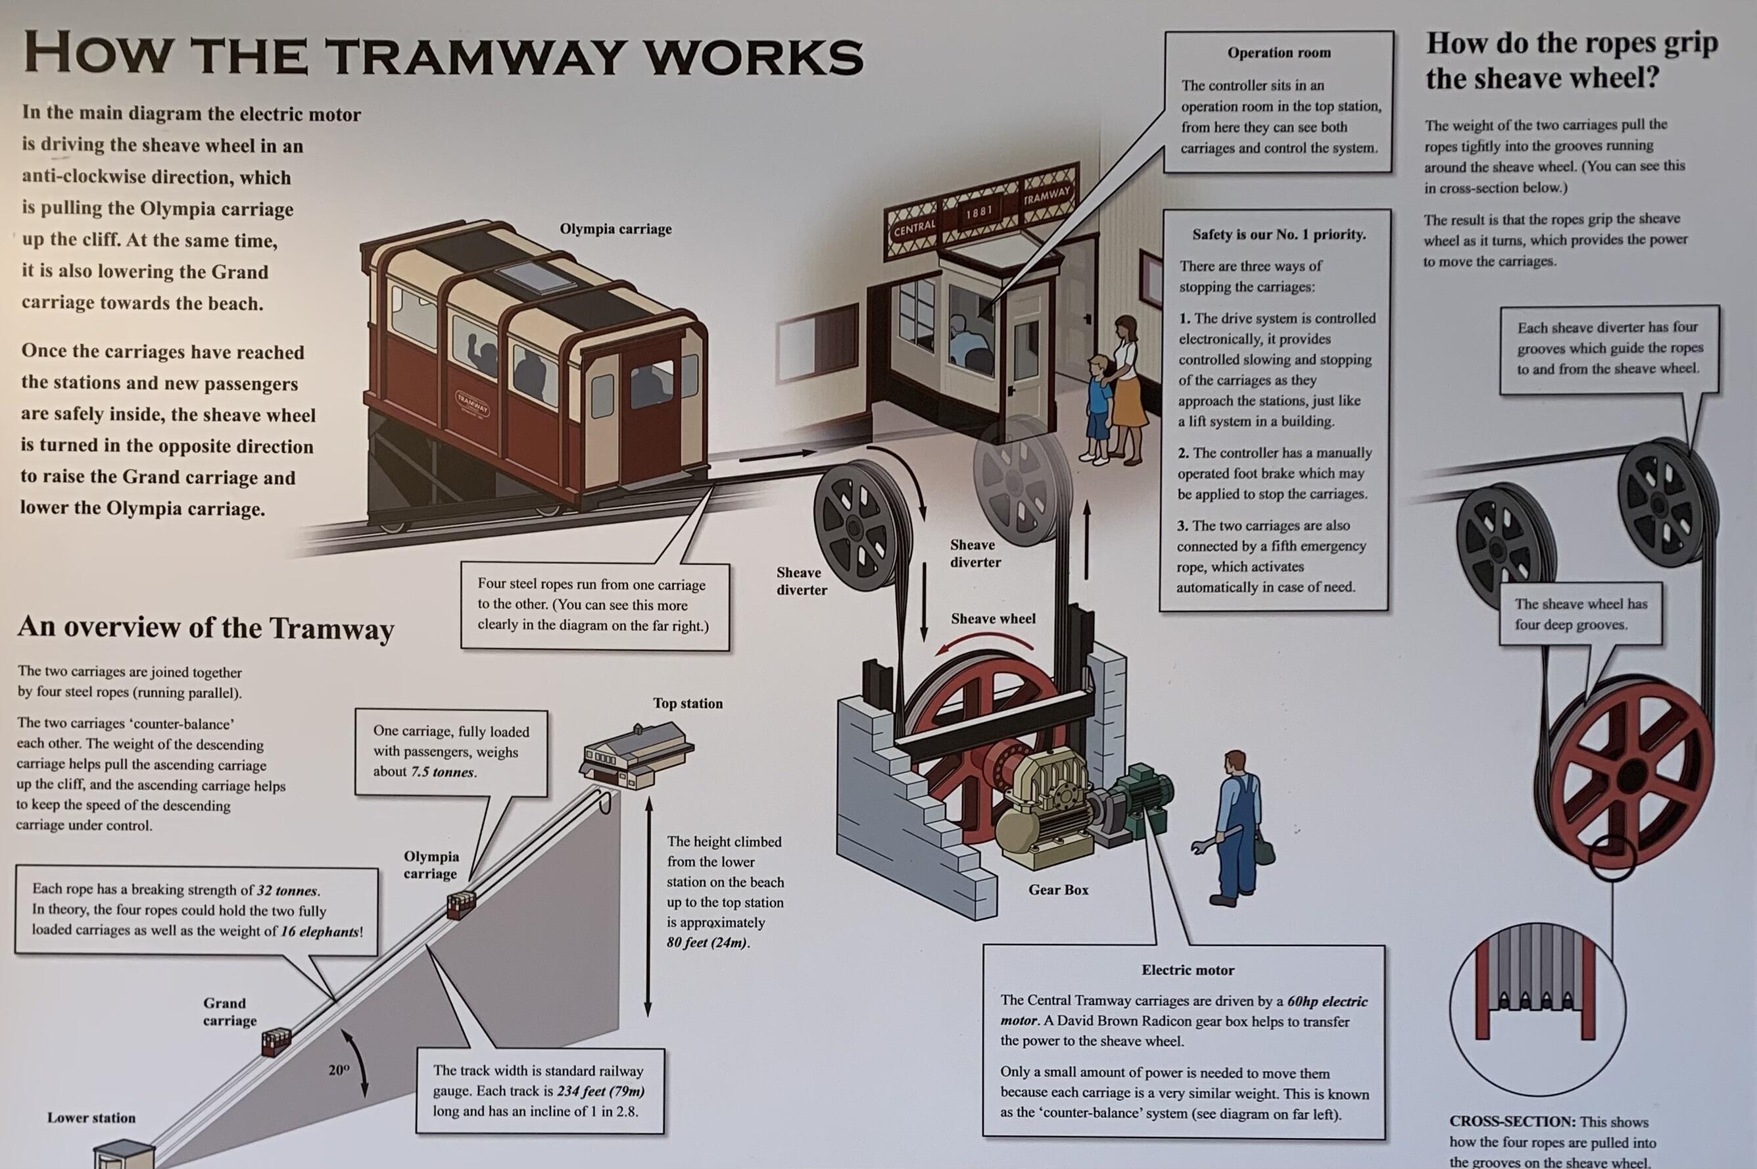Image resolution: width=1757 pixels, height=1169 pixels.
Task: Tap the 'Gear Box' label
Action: [x=1058, y=889]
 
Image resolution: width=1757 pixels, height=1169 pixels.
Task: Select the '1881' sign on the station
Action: [x=979, y=212]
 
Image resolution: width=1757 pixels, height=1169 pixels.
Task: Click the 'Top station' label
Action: [x=688, y=703]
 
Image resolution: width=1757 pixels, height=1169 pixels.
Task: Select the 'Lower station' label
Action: [x=91, y=1118]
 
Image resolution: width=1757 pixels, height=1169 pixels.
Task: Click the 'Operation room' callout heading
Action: [x=1279, y=53]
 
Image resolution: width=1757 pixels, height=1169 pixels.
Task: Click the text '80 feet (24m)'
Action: [x=707, y=942]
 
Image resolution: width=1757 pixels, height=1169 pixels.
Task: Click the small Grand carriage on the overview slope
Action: [x=276, y=1041]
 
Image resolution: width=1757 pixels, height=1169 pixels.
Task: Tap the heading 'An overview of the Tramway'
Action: [x=206, y=628]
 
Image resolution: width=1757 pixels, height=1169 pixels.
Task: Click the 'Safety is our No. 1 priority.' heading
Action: [x=1279, y=234]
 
